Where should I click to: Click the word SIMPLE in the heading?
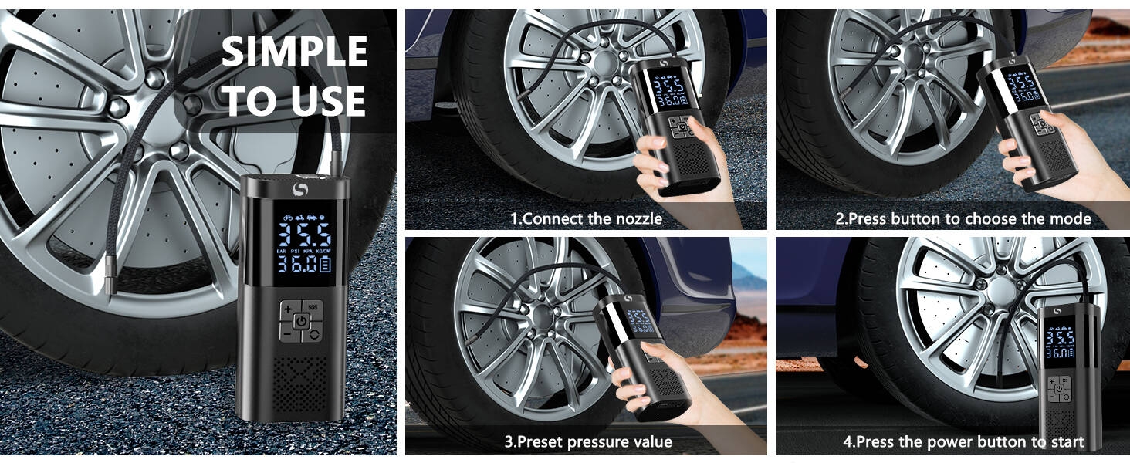(294, 52)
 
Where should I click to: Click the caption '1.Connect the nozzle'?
(586, 218)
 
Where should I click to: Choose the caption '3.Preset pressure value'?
(588, 442)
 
